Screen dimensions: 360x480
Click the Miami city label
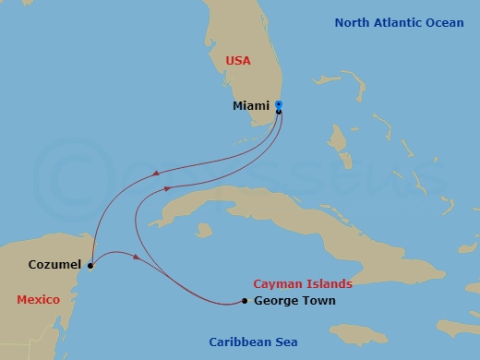pos(251,106)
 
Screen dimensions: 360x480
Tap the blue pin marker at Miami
pos(279,105)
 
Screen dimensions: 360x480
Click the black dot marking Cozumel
pos(90,266)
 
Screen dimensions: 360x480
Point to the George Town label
pos(294,301)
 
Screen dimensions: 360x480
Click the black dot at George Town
pos(245,301)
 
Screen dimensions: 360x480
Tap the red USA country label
pos(239,60)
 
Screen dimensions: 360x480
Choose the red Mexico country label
pos(39,299)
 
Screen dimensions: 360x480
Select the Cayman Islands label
pos(303,284)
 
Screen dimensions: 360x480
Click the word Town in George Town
pos(318,301)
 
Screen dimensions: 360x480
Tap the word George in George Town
pos(275,301)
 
